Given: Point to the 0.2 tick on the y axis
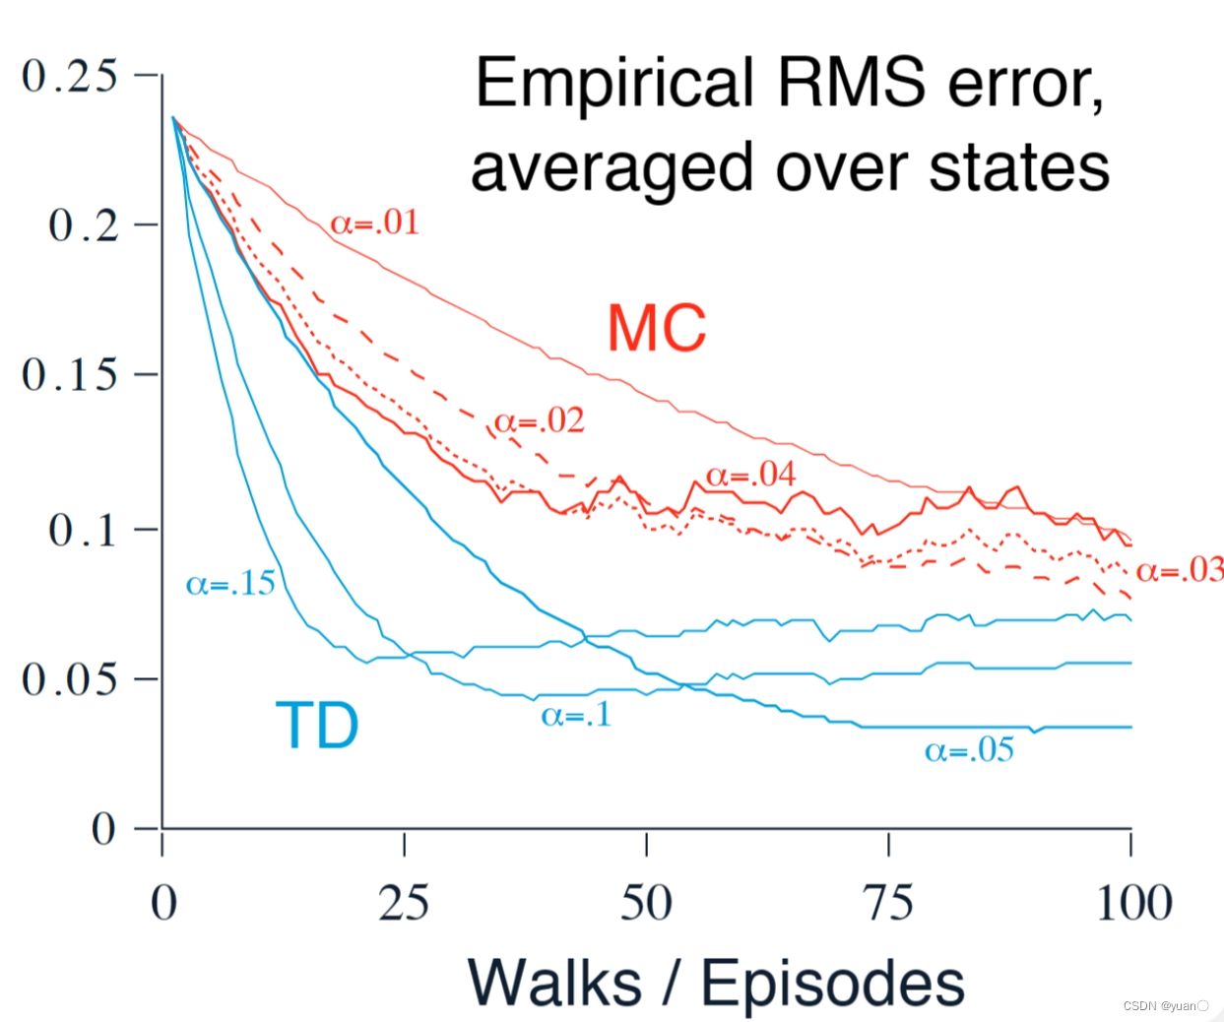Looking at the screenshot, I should point(84,225).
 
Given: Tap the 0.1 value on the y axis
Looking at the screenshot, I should point(84,530).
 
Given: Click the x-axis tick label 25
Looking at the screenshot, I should point(404,903).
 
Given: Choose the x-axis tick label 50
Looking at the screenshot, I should point(646,903).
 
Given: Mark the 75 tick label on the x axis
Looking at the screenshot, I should point(888,903).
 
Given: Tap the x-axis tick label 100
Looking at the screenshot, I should point(1133,903).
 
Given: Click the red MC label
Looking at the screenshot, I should point(657,328).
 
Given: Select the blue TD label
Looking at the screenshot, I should point(316,726).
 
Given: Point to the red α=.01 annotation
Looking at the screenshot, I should point(374,223).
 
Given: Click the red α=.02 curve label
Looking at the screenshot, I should point(539,421).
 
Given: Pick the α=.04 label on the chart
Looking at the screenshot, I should point(750,476).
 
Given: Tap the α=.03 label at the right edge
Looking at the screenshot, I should point(1180,570).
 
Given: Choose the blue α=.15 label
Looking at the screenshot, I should point(230,584).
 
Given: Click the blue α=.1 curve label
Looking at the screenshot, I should point(576,715).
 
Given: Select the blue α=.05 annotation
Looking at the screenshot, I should point(969,751).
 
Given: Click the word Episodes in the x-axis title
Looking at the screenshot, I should point(832,983).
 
